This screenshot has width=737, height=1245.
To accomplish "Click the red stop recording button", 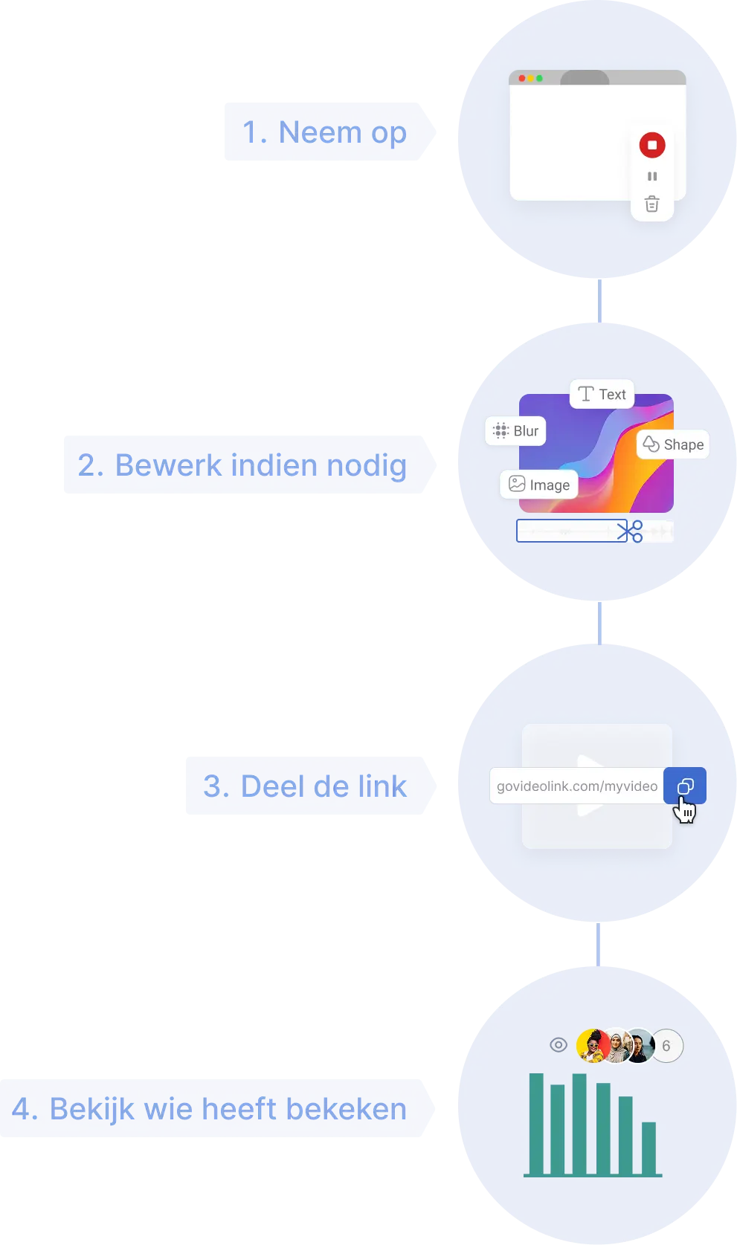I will [652, 145].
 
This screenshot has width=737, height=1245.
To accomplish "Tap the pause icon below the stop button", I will [652, 176].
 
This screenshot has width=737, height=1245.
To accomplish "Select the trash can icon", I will [652, 204].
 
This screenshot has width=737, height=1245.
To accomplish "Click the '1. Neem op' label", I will [325, 132].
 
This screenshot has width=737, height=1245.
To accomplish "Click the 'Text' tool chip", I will [602, 394].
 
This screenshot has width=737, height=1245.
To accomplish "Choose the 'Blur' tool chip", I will [515, 431].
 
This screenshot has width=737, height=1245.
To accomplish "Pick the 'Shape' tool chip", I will [673, 444].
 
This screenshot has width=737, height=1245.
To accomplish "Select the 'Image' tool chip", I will [538, 485].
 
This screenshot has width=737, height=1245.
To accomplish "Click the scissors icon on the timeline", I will [630, 531].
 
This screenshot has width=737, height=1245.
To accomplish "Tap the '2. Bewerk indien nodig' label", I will [243, 465].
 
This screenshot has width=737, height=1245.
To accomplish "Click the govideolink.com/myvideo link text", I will [576, 786].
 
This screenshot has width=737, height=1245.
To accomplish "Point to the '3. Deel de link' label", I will [306, 786].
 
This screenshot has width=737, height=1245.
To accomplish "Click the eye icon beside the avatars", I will [558, 1045].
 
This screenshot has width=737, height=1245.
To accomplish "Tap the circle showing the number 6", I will [666, 1046].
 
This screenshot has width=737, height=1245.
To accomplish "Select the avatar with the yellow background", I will [591, 1046].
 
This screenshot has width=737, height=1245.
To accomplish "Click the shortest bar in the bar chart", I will [649, 1148].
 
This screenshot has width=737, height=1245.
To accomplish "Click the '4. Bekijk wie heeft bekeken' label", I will [210, 1108].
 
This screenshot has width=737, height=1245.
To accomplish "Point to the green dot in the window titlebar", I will [539, 78].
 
